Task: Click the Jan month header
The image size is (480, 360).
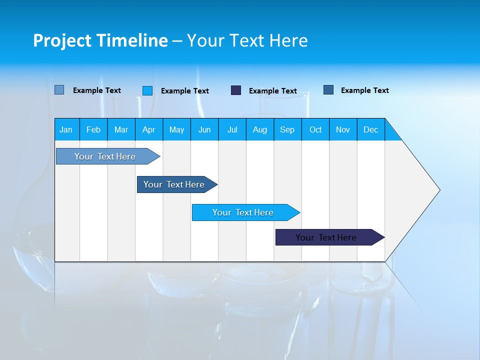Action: (x=66, y=129)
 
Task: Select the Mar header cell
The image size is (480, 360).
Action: (x=121, y=129)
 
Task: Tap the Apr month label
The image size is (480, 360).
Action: (x=148, y=129)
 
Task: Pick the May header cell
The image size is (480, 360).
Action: (x=176, y=129)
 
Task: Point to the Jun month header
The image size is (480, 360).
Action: (x=204, y=129)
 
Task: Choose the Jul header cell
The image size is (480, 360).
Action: (x=232, y=129)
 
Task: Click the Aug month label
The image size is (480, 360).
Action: (x=259, y=129)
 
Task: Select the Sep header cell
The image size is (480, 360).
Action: (x=287, y=129)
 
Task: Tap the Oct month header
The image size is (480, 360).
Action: (x=315, y=129)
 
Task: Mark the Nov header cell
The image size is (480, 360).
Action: (x=343, y=129)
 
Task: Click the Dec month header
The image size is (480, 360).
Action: (x=370, y=129)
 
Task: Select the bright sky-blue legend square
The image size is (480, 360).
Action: (x=147, y=90)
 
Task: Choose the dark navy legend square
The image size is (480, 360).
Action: (x=236, y=90)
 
